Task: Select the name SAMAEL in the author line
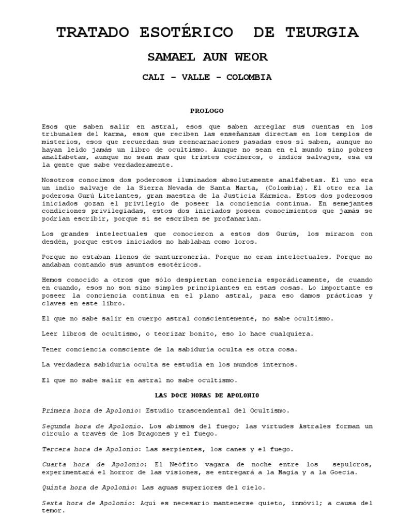pyautogui.click(x=167, y=56)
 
